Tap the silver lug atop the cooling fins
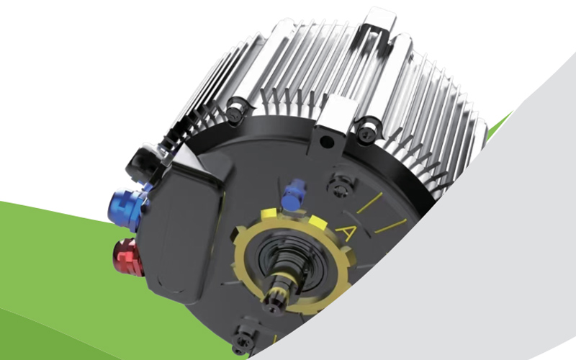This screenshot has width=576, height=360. click(380, 24)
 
